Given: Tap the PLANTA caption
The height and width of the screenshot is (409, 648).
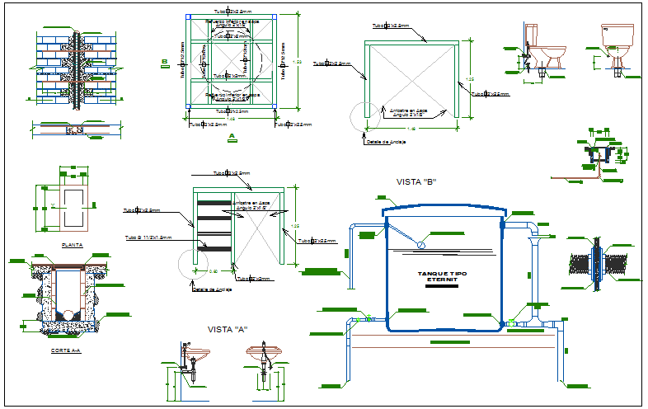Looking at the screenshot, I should tap(73, 245).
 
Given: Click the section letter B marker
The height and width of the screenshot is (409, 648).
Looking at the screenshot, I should tap(165, 62).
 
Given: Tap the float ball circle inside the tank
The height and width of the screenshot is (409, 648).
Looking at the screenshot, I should tap(421, 244).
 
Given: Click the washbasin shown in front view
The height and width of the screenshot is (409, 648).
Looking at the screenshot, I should tap(265, 356).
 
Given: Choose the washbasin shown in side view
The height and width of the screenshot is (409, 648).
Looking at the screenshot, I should tap(195, 356).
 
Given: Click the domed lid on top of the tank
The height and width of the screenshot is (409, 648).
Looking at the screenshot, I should tap(443, 210).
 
